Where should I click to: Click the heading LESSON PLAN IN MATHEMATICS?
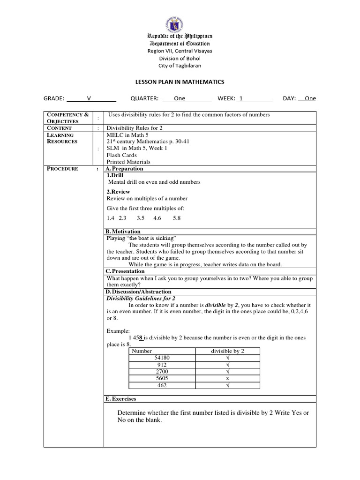pyautogui.click(x=180, y=82)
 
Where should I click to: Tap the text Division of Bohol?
pyautogui.click(x=180, y=58)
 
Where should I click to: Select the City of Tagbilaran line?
pyautogui.click(x=180, y=66)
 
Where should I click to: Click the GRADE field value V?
pyautogui.click(x=89, y=98)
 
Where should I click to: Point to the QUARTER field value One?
pyautogui.click(x=180, y=98)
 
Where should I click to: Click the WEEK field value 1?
pyautogui.click(x=241, y=98)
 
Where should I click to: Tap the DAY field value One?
pyautogui.click(x=310, y=98)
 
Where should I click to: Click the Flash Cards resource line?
pyautogui.click(x=121, y=155)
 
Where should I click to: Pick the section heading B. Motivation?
pyautogui.click(x=123, y=232)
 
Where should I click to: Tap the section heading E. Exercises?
pyautogui.click(x=121, y=399)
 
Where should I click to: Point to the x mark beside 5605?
pyautogui.click(x=227, y=378)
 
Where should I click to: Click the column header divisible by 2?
pyautogui.click(x=227, y=351)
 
